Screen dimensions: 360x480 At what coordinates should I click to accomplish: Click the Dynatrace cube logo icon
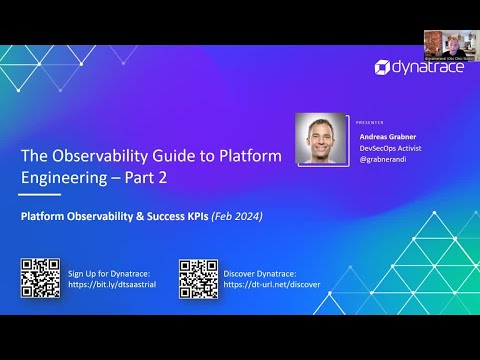383,67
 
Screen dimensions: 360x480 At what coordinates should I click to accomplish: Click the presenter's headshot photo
321,138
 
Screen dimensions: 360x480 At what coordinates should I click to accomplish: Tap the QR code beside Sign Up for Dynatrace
40,277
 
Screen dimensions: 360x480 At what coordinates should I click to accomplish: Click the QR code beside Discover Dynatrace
198,277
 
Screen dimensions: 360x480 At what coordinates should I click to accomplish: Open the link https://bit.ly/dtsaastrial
112,285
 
